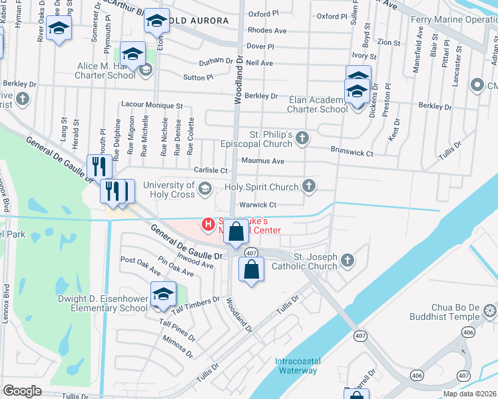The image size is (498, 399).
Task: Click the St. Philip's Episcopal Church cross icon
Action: (x=302, y=138)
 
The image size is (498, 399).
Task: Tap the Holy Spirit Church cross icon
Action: (x=309, y=186)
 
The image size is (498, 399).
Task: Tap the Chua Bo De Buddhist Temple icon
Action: (x=490, y=311)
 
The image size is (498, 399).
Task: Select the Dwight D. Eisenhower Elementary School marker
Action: (x=162, y=295)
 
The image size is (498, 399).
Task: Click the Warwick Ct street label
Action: (x=258, y=205)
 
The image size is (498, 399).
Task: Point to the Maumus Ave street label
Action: (x=263, y=161)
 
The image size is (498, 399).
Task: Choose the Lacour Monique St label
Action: (x=152, y=105)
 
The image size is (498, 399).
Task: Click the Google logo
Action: (x=22, y=390)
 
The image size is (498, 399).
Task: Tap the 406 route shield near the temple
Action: (x=469, y=332)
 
